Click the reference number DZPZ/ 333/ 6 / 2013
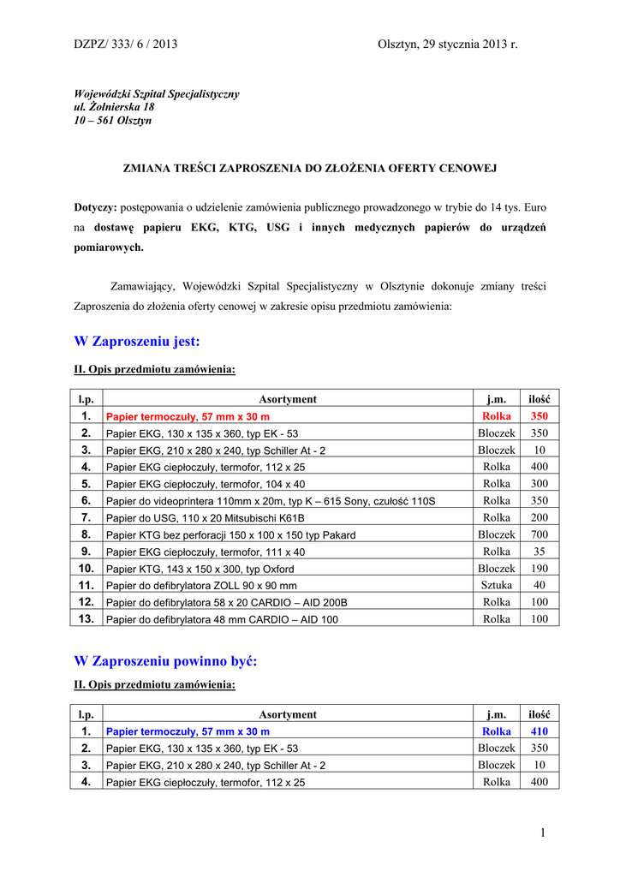125,44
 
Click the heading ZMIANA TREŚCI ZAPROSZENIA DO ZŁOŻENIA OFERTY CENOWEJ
310,168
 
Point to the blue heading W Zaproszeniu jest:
137,342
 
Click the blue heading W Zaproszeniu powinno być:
165,661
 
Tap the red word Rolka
497,416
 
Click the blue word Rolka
497,731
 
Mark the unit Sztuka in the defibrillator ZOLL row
497,586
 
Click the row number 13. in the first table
86,619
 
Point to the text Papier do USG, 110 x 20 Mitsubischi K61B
206,518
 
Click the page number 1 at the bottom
543,832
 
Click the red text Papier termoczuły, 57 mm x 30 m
188,417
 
